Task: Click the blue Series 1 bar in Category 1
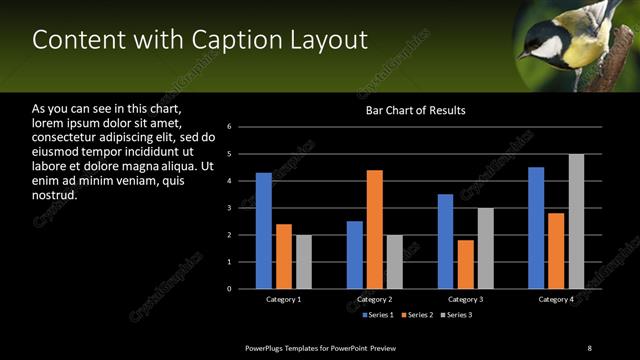click(264, 231)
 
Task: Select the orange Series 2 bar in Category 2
click(375, 229)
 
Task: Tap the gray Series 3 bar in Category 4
click(576, 221)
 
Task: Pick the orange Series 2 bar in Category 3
click(466, 264)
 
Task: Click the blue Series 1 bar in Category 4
click(536, 228)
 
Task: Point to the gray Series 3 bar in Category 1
click(304, 262)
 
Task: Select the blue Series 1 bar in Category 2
click(355, 255)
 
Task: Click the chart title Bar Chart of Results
click(416, 110)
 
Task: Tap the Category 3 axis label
click(466, 299)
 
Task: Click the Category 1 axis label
click(284, 299)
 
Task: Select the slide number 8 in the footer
click(589, 347)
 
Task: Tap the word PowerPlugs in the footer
click(266, 347)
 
